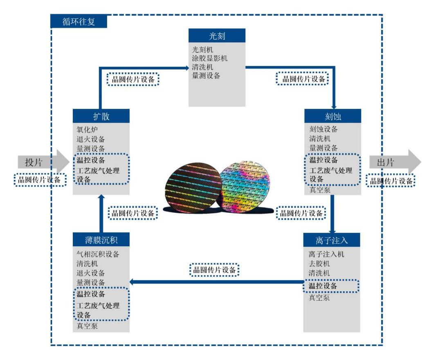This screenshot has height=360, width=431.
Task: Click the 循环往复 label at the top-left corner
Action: [79, 21]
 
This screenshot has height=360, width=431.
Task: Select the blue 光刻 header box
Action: [217, 36]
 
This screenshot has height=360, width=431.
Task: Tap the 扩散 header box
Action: [101, 116]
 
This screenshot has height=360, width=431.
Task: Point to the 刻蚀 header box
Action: [332, 116]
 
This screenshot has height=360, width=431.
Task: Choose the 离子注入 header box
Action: [332, 239]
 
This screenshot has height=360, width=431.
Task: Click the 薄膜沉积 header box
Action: [101, 239]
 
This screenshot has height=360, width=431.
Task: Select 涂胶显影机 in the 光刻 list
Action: [210, 58]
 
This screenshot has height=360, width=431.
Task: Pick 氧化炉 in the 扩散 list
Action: [87, 130]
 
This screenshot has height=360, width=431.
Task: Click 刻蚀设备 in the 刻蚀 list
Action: [323, 129]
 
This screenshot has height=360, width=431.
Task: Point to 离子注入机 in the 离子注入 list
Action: [326, 254]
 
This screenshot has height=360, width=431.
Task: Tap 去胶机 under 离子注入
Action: [319, 263]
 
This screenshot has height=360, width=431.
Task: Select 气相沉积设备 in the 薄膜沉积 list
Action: [98, 254]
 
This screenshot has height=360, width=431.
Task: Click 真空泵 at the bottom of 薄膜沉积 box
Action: [87, 326]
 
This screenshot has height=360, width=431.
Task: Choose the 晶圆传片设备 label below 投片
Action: [40, 180]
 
